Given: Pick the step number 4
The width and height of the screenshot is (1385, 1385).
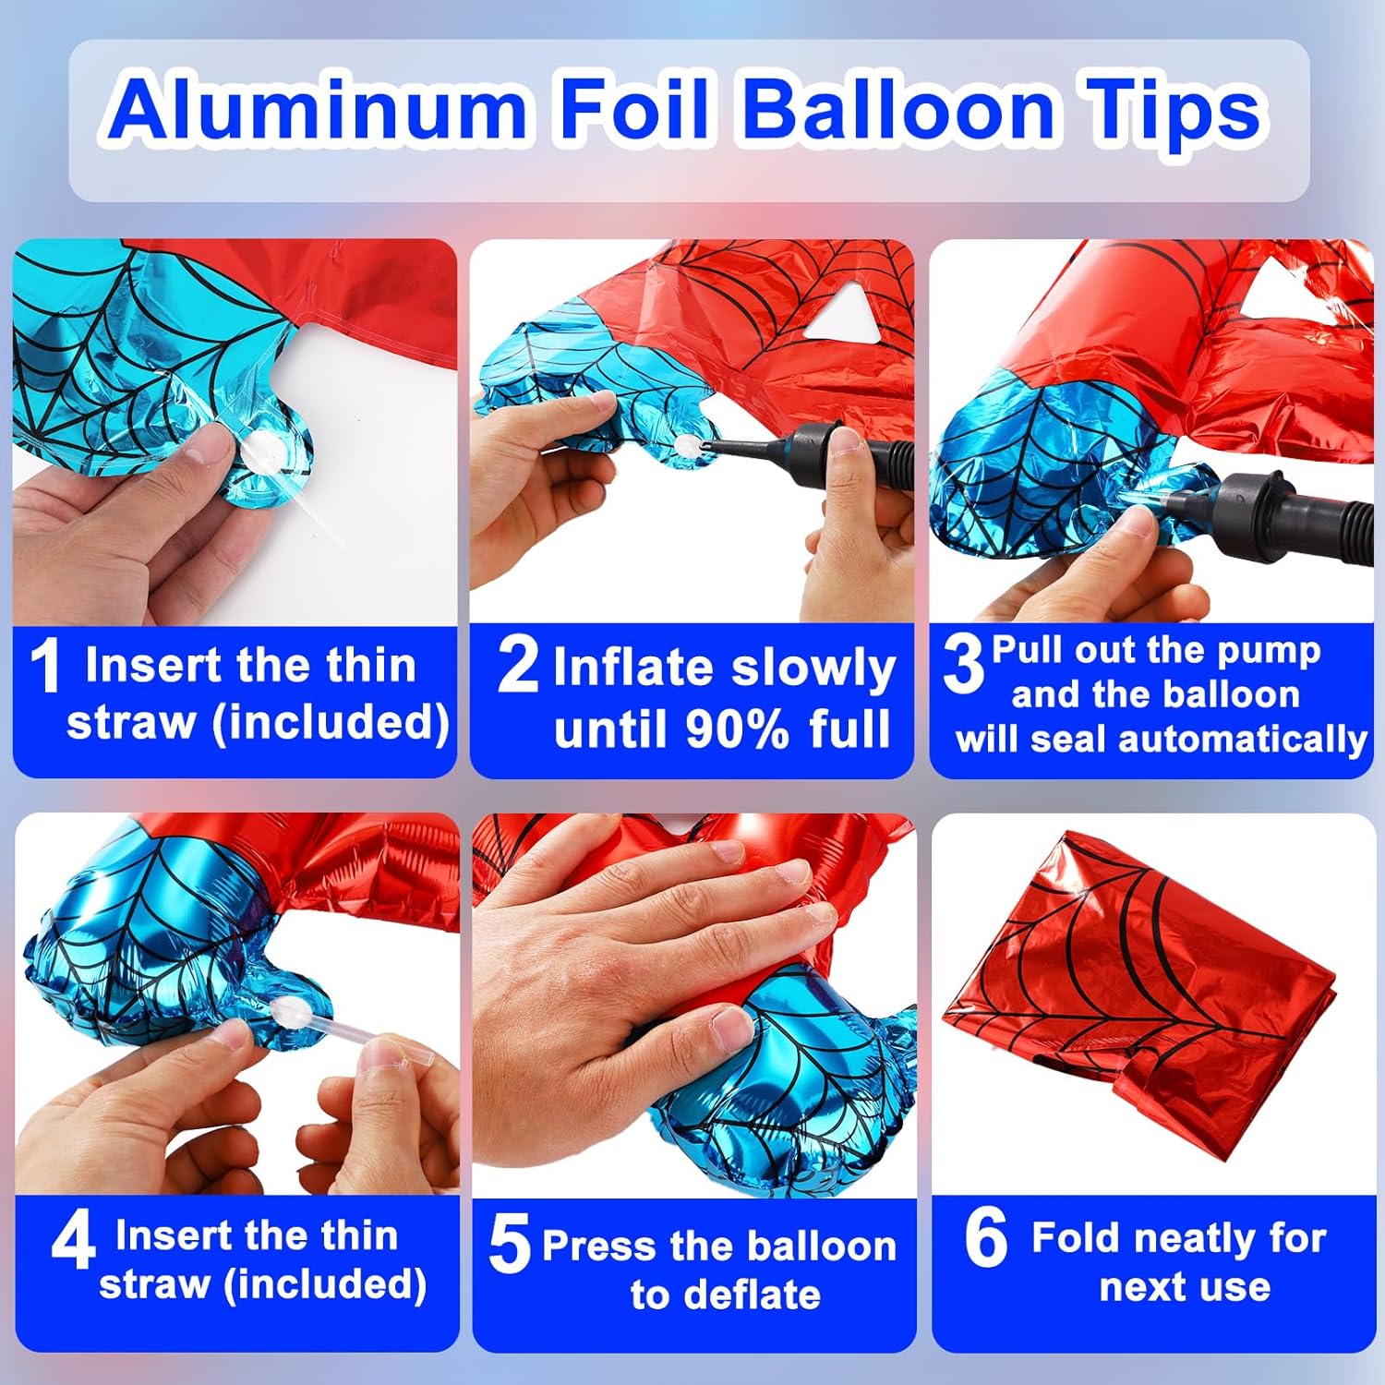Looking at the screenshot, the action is (x=73, y=1242).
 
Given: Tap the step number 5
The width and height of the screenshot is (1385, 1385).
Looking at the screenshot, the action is (x=510, y=1244).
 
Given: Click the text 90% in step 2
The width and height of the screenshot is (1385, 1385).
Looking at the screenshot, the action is (x=737, y=729).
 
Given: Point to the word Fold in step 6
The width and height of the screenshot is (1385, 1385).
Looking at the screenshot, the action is (x=1075, y=1238).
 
